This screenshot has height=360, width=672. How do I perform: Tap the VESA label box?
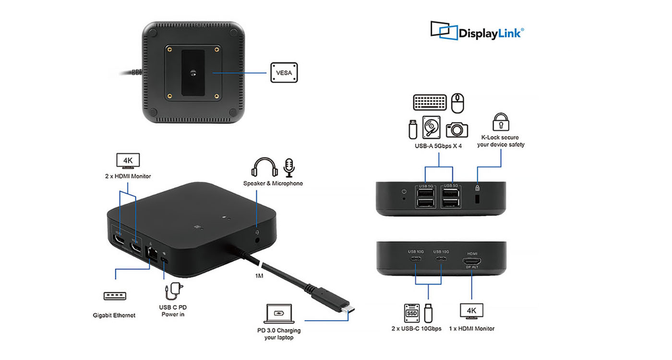pyautogui.click(x=284, y=72)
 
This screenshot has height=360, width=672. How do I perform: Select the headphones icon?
pyautogui.click(x=264, y=168)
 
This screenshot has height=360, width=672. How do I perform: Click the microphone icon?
pyautogui.click(x=289, y=167)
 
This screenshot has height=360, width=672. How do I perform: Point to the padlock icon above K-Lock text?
pyautogui.click(x=501, y=122)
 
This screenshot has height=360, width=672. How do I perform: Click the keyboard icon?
pyautogui.click(x=431, y=102)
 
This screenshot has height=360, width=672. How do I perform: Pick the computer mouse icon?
pyautogui.click(x=458, y=102)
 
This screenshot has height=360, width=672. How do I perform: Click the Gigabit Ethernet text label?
pyautogui.click(x=114, y=315)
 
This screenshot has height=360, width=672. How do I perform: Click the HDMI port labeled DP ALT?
pyautogui.click(x=472, y=262)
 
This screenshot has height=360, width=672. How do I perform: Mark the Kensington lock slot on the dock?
pyautogui.click(x=478, y=198)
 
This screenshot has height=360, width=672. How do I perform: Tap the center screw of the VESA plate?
pyautogui.click(x=192, y=73)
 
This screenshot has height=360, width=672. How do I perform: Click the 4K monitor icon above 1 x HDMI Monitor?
pyautogui.click(x=471, y=311)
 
